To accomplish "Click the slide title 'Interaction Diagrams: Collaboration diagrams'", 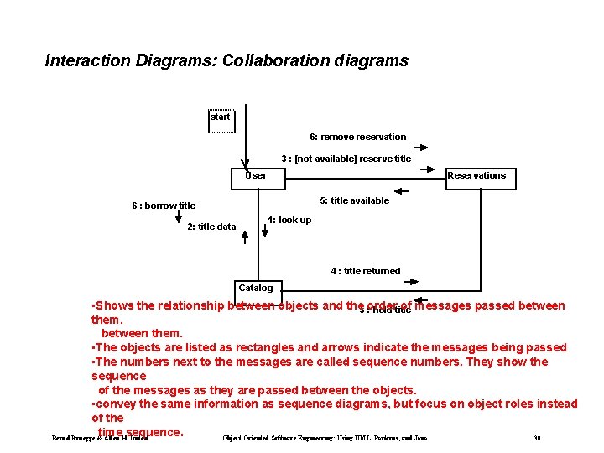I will pyautogui.click(x=226, y=60).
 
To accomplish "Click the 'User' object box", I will pyautogui.click(x=258, y=178).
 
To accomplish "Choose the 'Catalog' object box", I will pyautogui.click(x=256, y=288).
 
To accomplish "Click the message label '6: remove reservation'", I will pyautogui.click(x=357, y=137).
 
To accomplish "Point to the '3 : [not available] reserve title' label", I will pyautogui.click(x=346, y=159).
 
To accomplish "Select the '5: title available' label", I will pyautogui.click(x=355, y=200).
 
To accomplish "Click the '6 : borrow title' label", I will pyautogui.click(x=164, y=206).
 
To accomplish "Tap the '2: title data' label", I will pyautogui.click(x=211, y=226).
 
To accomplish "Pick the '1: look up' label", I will pyautogui.click(x=289, y=220).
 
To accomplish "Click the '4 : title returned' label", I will pyautogui.click(x=366, y=271).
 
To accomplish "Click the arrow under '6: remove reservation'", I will pyautogui.click(x=420, y=147).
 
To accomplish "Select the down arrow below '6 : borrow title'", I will pyautogui.click(x=179, y=217).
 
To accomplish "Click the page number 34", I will pyautogui.click(x=537, y=438).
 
